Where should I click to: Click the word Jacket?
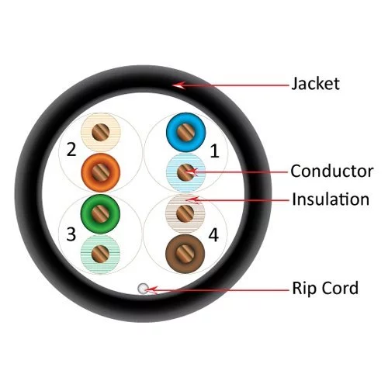[315, 84]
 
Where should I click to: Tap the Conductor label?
[332, 171]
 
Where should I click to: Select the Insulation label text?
[331, 199]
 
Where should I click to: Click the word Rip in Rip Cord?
[303, 289]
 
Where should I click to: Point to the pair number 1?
[214, 151]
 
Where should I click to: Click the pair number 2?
[71, 149]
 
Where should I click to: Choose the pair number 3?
[71, 234]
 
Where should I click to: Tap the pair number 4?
[213, 235]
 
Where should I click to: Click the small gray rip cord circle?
[143, 289]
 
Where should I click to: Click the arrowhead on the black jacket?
[178, 85]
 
